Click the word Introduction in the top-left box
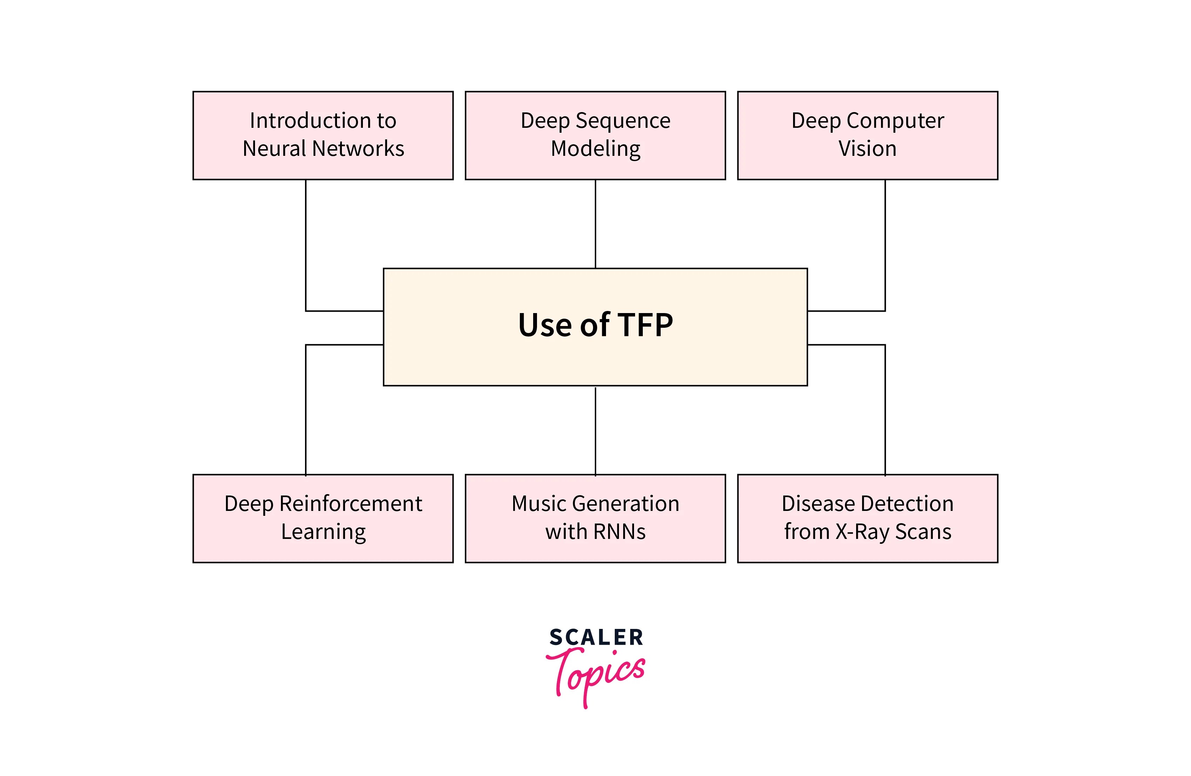point(303,120)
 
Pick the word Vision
point(867,148)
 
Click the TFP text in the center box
point(646,325)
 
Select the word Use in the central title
point(544,325)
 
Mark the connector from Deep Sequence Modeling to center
point(595,224)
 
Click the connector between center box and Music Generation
point(595,431)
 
